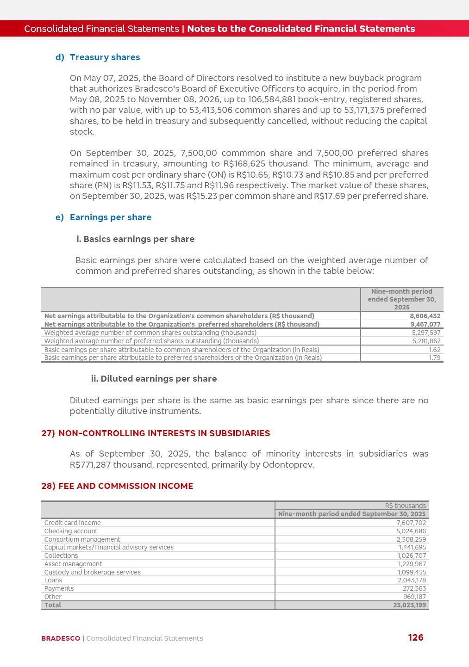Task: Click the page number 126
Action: coord(415,637)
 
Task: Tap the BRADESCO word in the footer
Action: coord(61,638)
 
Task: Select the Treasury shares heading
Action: coord(105,57)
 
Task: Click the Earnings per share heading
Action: coord(110,217)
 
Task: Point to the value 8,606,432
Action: coord(425,316)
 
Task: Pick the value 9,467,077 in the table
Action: coord(425,324)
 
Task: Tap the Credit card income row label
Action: coord(72,523)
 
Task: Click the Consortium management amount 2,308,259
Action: coord(411,539)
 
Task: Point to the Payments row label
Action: coord(59,588)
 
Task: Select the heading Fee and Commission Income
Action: coord(125,486)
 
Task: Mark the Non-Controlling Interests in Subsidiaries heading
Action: coord(164,433)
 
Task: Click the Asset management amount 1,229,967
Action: coord(412,564)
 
